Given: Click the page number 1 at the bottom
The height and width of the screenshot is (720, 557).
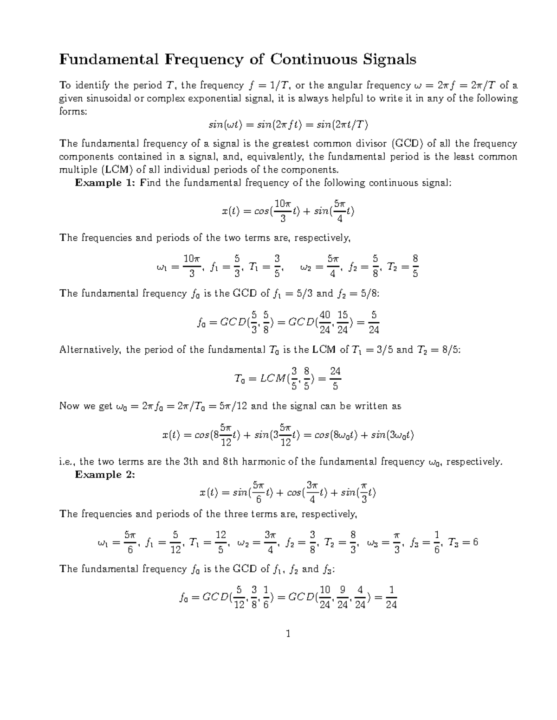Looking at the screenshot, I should click(288, 634).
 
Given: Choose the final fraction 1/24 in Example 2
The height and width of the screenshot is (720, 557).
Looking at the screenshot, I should click(391, 597).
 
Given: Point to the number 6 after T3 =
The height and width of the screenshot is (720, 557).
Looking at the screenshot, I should click(475, 542).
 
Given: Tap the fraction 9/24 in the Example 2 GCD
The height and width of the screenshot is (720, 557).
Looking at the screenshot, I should click(343, 597).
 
